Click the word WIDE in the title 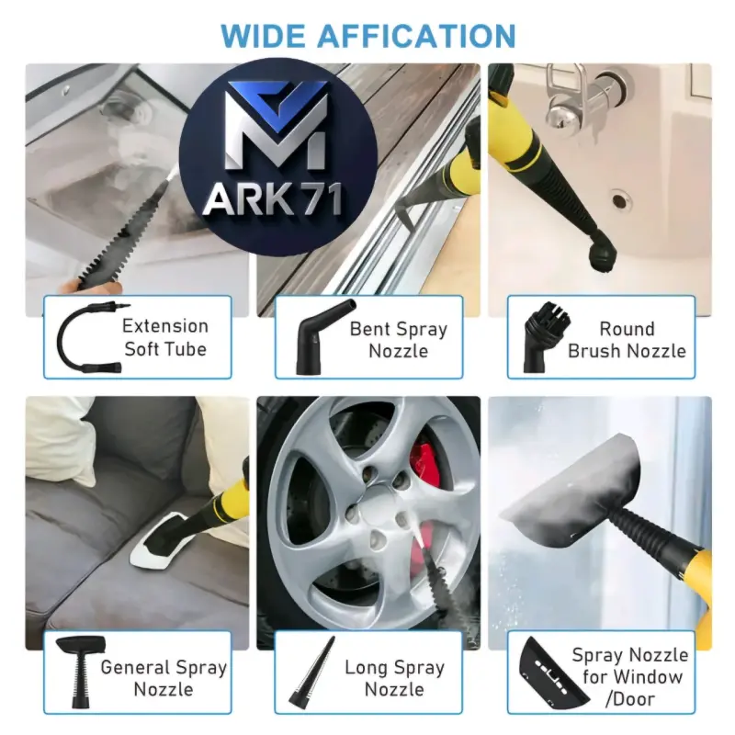click(264, 36)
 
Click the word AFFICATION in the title click(417, 36)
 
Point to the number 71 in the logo click(320, 199)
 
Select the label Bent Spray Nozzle click(399, 340)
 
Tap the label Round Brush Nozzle click(627, 340)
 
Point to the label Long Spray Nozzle click(395, 678)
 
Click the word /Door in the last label click(629, 699)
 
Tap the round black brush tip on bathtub click(601, 256)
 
